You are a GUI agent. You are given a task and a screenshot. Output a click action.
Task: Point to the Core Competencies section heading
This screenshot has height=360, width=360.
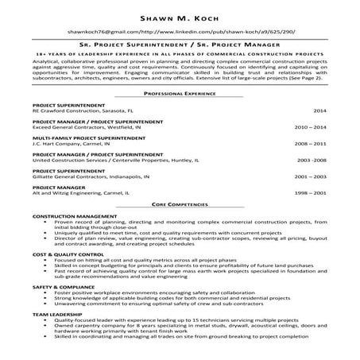coord(180,204)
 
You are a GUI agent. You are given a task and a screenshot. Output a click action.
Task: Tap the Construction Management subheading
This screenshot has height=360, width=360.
coord(71,216)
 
